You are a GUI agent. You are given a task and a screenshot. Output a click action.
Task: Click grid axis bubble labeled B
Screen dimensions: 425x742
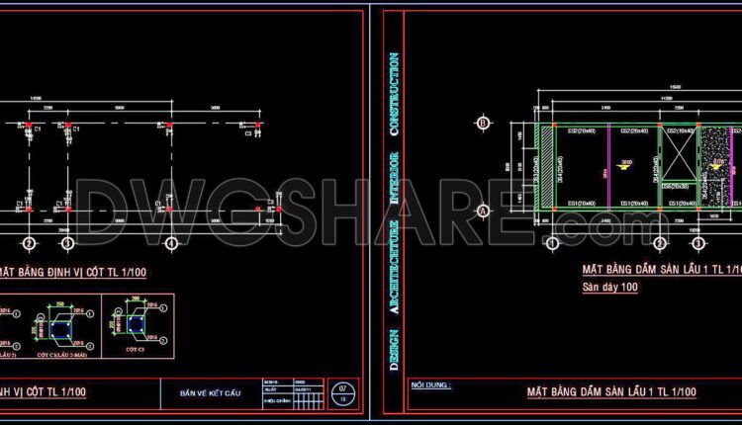coord(483,123)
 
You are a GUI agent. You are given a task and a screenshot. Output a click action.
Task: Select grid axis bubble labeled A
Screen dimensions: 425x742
coord(483,211)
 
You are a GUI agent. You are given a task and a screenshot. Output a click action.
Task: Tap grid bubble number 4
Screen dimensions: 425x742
coord(171,243)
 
